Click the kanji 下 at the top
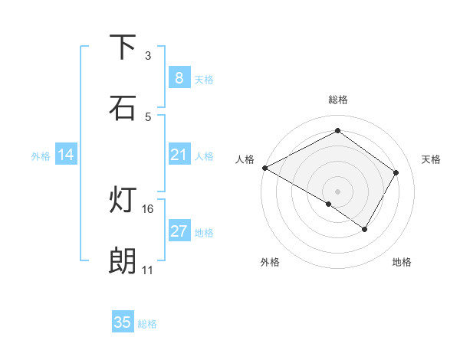click(123, 47)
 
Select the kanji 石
click(123, 108)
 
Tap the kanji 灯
click(123, 201)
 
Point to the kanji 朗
click(123, 262)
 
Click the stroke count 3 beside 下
click(148, 55)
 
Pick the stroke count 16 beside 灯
click(148, 208)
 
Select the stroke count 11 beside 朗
click(147, 270)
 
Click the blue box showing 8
click(179, 78)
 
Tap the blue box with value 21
click(179, 155)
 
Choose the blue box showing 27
click(179, 231)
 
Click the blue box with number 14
click(66, 155)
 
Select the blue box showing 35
click(123, 322)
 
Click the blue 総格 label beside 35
click(147, 324)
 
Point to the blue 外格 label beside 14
click(41, 156)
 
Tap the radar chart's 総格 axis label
click(337, 100)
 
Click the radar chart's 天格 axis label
click(431, 159)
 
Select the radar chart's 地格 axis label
click(402, 262)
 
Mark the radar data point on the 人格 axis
click(264, 168)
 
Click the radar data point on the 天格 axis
click(396, 172)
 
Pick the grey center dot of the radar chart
click(337, 191)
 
